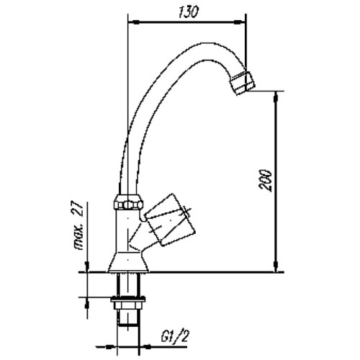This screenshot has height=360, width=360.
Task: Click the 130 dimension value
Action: [x=188, y=12]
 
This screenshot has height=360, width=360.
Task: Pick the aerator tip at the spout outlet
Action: [x=243, y=83]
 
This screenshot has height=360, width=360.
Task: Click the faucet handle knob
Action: [x=170, y=220]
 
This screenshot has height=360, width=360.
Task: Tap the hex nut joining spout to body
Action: [x=127, y=202]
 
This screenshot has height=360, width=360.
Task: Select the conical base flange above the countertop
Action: [x=128, y=262]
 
